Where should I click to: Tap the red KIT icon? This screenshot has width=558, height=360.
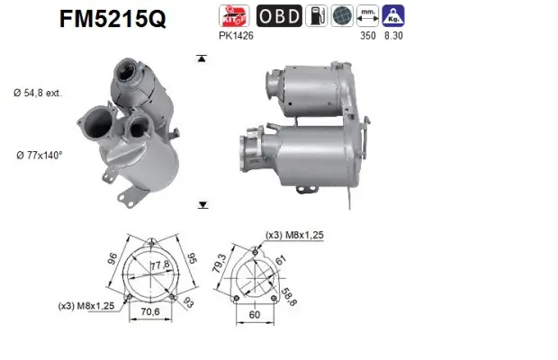pyautogui.click(x=235, y=16)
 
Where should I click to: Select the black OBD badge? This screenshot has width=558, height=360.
pyautogui.click(x=279, y=16)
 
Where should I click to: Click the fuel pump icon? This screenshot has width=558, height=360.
pyautogui.click(x=319, y=16)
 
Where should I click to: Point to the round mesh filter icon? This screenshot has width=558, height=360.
pyautogui.click(x=342, y=16)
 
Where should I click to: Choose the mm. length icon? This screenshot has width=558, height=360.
pyautogui.click(x=366, y=16)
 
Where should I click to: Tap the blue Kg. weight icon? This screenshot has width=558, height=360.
pyautogui.click(x=393, y=16)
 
